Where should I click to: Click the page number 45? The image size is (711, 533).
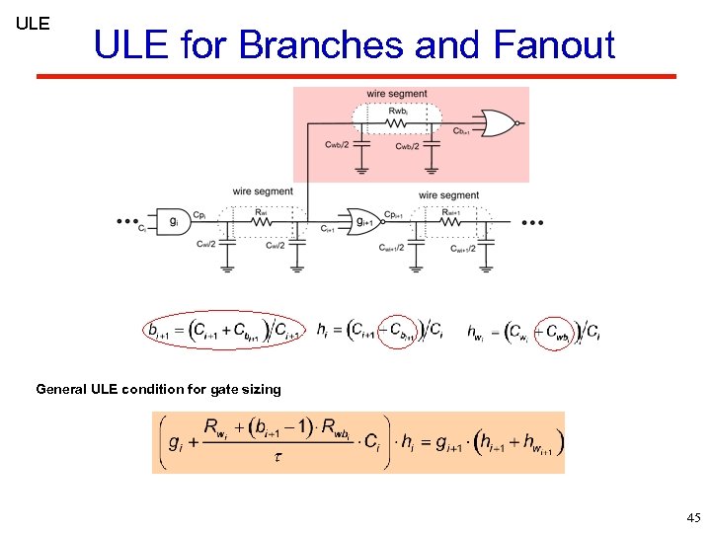click(692, 517)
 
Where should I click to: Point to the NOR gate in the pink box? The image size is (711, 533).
click(497, 123)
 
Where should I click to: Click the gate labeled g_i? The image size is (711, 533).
click(174, 221)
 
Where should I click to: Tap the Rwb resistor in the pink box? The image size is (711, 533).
click(397, 123)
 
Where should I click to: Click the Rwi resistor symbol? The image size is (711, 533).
click(261, 222)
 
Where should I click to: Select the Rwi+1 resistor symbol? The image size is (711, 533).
click(449, 222)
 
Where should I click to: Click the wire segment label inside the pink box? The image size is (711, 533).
click(396, 94)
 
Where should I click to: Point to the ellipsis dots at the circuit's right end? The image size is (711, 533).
click(532, 223)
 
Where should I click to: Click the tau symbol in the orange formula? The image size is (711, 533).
click(277, 457)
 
